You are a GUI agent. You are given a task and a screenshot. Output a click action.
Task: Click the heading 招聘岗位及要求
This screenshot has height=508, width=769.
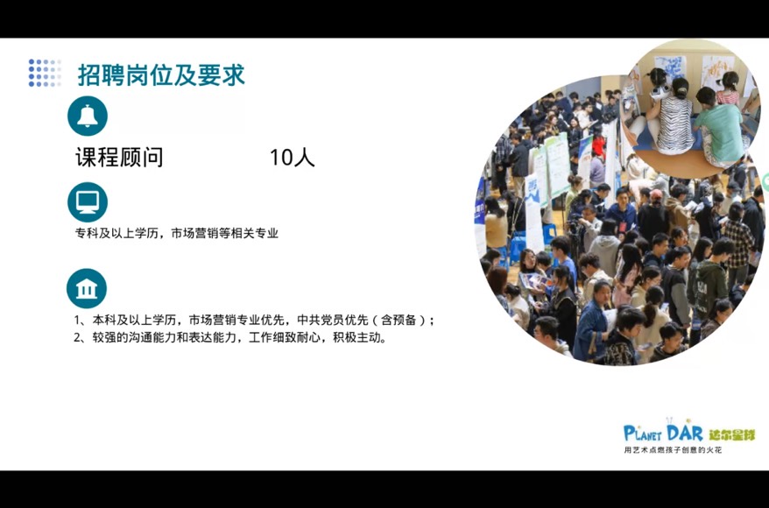[x=161, y=75]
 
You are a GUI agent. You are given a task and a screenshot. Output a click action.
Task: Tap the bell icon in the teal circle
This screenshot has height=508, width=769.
[x=88, y=116]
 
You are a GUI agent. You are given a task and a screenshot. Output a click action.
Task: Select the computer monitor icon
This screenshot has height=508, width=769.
[x=88, y=202]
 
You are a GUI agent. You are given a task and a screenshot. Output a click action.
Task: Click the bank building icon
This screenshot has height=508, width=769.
[x=87, y=288]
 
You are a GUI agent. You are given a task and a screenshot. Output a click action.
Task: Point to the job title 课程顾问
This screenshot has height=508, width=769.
[x=119, y=158]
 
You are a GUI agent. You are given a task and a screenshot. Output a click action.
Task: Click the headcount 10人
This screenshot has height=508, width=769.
[x=293, y=158]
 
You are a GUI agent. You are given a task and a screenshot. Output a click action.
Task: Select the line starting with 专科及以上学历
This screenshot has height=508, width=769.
[x=177, y=233]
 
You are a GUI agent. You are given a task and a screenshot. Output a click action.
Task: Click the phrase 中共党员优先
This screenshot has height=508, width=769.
[x=333, y=321]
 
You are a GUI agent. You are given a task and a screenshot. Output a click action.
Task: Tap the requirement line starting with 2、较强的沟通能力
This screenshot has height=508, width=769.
[x=230, y=338]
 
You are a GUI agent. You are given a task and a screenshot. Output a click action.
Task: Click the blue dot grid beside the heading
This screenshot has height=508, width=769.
[x=46, y=73]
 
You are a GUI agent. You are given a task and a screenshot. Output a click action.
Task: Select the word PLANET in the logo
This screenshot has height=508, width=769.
[x=643, y=434]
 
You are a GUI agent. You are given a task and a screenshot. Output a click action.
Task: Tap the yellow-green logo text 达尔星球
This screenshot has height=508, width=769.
[x=731, y=434]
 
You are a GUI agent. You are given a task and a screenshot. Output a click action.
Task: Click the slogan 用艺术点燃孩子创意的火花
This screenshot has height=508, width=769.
[x=673, y=449]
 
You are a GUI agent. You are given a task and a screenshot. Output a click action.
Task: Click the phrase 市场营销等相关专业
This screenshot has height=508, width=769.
[x=224, y=233]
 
